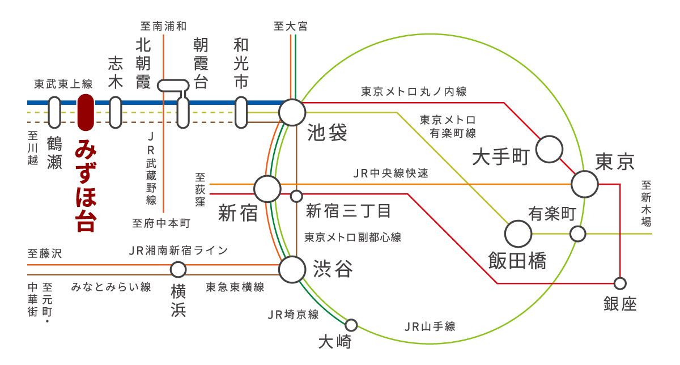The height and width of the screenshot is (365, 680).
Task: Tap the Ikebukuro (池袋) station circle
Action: pos(292,112)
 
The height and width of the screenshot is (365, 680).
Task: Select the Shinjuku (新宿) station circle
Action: pos(267,188)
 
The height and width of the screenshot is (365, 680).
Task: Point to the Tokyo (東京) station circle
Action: pos(585,184)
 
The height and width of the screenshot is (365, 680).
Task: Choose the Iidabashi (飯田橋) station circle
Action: pos(518,233)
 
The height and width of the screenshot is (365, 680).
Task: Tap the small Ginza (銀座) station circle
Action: pos(620,283)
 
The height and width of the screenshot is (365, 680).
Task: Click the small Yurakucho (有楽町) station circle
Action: pos(577,234)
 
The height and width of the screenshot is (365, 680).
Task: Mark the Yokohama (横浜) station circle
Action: pos(178,269)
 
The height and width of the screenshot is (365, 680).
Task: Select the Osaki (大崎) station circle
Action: pos(351,325)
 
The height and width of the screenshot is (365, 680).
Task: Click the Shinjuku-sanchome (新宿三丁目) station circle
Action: pos(296,197)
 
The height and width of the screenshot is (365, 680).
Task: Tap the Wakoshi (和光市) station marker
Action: pos(241,112)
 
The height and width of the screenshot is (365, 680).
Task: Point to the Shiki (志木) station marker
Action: pos(116,112)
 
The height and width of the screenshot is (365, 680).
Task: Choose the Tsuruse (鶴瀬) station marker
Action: pos(54,112)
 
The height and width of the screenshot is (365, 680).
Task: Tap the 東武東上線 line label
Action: pos(63,84)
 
